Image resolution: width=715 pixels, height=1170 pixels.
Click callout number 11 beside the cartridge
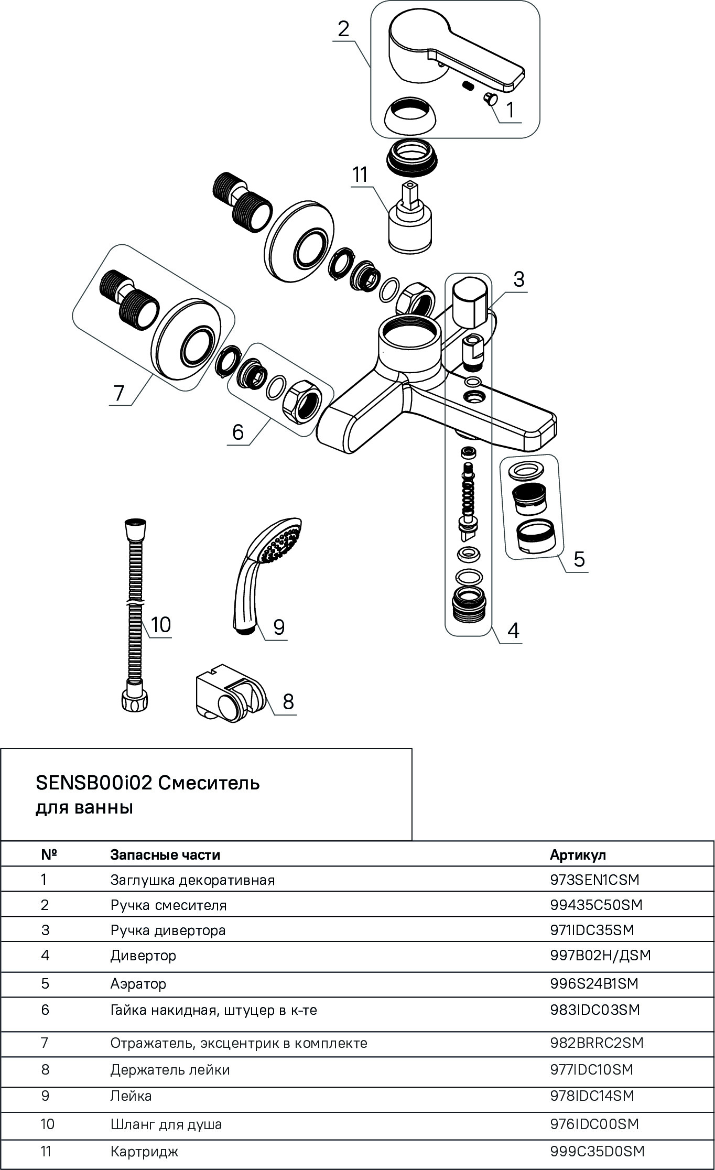tap(360, 175)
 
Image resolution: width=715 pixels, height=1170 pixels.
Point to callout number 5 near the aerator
tap(579, 559)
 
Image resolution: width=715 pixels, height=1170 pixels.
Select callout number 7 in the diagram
tap(119, 393)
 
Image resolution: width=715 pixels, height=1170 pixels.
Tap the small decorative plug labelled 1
tap(491, 98)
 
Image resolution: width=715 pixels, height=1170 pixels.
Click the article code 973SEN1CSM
tap(594, 880)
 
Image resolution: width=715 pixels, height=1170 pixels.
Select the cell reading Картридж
tap(144, 1152)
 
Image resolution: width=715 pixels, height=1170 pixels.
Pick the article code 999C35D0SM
tap(597, 1152)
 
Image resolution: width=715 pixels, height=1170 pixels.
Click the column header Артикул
tap(578, 855)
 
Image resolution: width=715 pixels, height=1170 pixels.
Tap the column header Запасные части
tap(165, 855)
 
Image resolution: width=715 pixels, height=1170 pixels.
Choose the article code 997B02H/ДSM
tap(600, 956)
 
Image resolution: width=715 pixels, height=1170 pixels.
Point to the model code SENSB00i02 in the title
tap(93, 783)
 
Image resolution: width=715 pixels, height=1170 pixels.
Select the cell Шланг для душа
tap(166, 1124)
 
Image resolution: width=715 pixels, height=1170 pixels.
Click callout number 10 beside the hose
tap(161, 625)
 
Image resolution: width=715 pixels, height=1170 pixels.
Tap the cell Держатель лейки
tap(170, 1069)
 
